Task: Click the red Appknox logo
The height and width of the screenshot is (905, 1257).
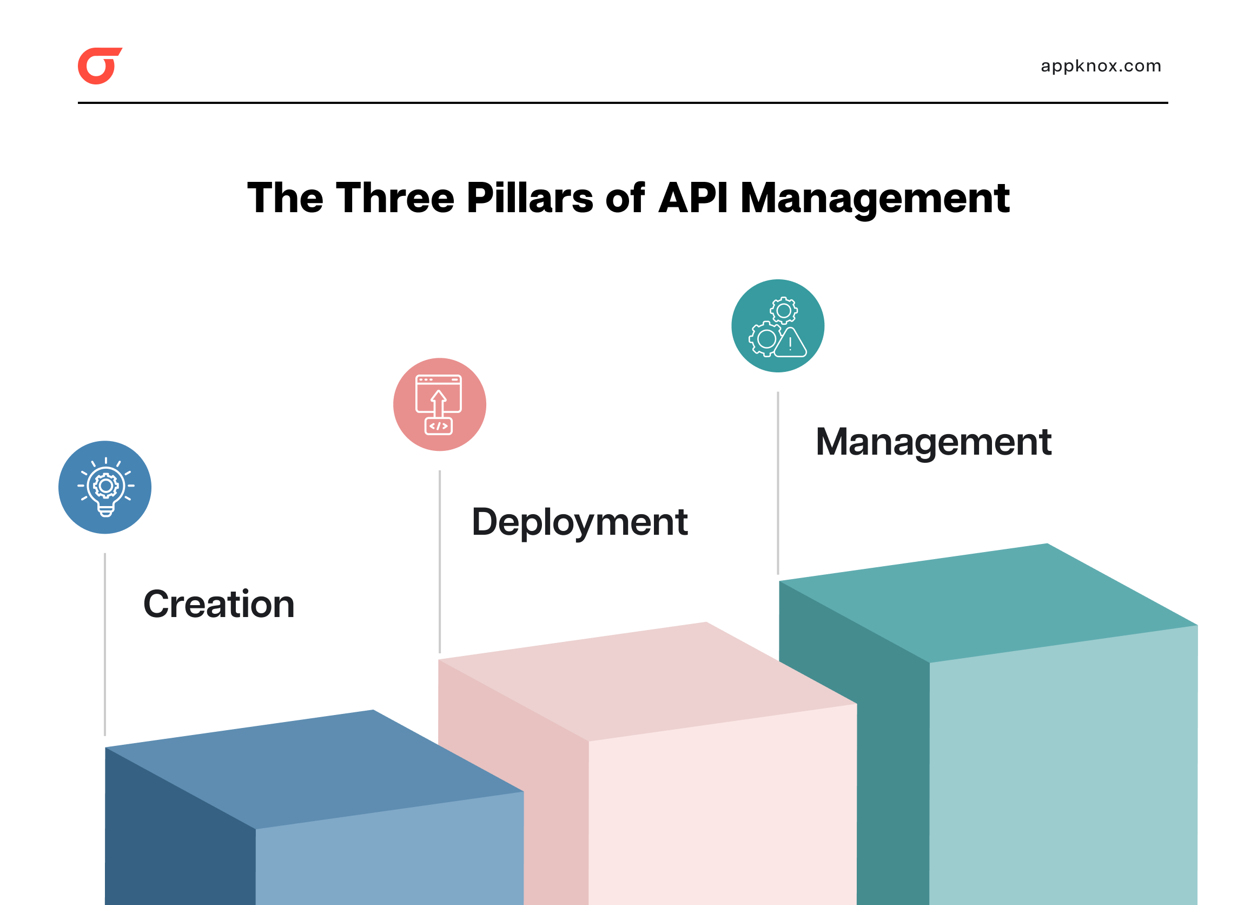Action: click(98, 66)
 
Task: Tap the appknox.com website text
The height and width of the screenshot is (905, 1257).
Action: click(1100, 66)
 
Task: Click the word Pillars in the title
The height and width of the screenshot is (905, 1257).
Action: click(530, 198)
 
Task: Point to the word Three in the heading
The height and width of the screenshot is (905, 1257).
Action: click(395, 198)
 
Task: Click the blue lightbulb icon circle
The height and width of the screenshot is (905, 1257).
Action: click(105, 488)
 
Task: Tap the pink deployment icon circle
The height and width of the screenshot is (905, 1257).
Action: click(440, 404)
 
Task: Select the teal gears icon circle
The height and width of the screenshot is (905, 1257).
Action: click(778, 326)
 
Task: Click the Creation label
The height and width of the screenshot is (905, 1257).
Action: click(219, 604)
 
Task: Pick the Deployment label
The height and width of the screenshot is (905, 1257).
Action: click(579, 522)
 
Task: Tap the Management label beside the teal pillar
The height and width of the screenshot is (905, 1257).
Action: click(934, 442)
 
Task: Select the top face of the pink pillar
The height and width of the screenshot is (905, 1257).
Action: click(647, 681)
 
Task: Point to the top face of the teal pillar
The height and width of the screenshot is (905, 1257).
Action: click(988, 602)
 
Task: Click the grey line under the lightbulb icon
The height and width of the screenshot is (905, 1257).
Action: click(105, 643)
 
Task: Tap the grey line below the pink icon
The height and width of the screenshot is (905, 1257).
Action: click(440, 561)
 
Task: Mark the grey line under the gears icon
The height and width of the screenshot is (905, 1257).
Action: click(778, 482)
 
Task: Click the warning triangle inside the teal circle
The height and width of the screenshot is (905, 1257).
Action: click(790, 343)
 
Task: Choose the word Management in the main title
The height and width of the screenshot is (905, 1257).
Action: click(875, 198)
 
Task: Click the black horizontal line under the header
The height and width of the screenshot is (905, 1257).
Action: click(623, 103)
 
